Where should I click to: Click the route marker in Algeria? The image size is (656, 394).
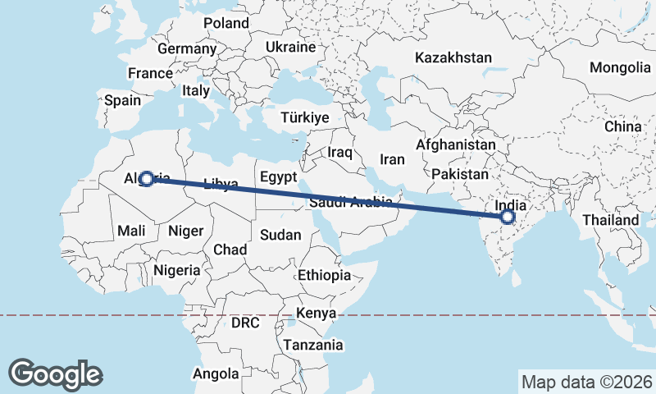[x=147, y=178]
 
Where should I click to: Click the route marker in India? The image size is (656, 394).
[x=508, y=217]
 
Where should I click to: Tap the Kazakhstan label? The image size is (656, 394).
[x=453, y=58]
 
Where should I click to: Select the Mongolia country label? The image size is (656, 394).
[x=619, y=67]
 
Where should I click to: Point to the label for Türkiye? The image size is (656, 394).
[x=304, y=117]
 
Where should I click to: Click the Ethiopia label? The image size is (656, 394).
[x=325, y=275]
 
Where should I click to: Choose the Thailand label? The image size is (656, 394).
[x=610, y=220]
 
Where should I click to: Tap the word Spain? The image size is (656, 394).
[x=123, y=101]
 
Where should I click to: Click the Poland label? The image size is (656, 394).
[x=225, y=23]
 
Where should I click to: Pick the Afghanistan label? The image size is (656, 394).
[x=456, y=144]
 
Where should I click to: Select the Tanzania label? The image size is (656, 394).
[x=313, y=345]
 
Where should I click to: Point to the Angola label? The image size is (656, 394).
[x=215, y=373]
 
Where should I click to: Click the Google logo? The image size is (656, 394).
[x=56, y=373]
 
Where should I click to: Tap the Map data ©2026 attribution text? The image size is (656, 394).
[x=586, y=382]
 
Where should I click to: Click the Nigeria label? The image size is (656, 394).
[x=176, y=269]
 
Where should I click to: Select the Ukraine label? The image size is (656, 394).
[x=290, y=48]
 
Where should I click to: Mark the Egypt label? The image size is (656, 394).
[x=276, y=176]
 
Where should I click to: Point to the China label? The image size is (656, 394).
[x=622, y=126]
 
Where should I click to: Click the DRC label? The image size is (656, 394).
[x=244, y=323]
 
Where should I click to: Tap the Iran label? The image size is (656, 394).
[x=393, y=159]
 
